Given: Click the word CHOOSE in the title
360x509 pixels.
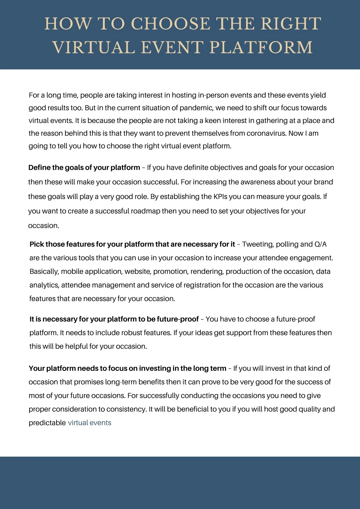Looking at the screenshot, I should (171, 24).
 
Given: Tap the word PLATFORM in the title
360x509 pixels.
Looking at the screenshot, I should (261, 47).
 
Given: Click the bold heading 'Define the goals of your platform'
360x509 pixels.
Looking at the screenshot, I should (84, 167).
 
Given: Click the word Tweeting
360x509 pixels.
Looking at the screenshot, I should (257, 244).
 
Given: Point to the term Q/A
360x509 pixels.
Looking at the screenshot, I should (321, 244).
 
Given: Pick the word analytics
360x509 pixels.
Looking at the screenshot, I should (44, 285).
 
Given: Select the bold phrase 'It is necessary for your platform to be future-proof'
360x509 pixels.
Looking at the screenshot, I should (114, 319).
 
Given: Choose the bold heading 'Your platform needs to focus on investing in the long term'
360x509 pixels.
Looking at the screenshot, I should (128, 368).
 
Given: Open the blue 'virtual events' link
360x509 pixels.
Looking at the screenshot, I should (90, 423).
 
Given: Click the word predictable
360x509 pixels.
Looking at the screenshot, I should (47, 423).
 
